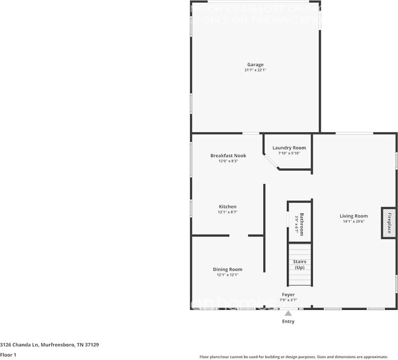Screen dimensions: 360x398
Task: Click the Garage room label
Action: (255, 64)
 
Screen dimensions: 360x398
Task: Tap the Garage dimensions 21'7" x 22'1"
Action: (255, 70)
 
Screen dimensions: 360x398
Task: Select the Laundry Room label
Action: (289, 148)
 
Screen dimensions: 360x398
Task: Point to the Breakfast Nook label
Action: (228, 156)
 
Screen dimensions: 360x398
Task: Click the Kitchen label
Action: (227, 207)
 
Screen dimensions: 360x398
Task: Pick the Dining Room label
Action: (227, 269)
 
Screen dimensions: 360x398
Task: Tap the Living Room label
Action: (353, 216)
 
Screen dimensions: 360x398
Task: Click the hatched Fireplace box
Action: (389, 223)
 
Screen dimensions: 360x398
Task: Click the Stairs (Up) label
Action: (300, 264)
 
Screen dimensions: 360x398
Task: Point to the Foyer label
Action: (288, 294)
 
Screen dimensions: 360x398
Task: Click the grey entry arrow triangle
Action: (288, 313)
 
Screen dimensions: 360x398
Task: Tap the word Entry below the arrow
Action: (288, 322)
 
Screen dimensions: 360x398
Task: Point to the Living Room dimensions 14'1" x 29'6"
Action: (353, 222)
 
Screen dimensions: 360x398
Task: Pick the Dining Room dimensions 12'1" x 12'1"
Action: (227, 275)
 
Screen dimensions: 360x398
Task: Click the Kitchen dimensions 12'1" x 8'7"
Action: (227, 212)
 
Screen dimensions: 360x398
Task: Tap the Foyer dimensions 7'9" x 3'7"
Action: (288, 300)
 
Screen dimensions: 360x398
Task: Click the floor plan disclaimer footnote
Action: (293, 357)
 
